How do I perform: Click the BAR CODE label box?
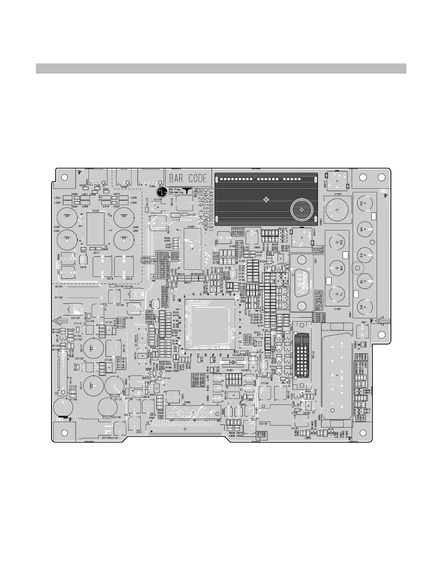188,178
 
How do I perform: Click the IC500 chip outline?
96,228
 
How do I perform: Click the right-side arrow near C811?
382,320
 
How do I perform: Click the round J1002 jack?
337,210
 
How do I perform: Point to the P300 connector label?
187,403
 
